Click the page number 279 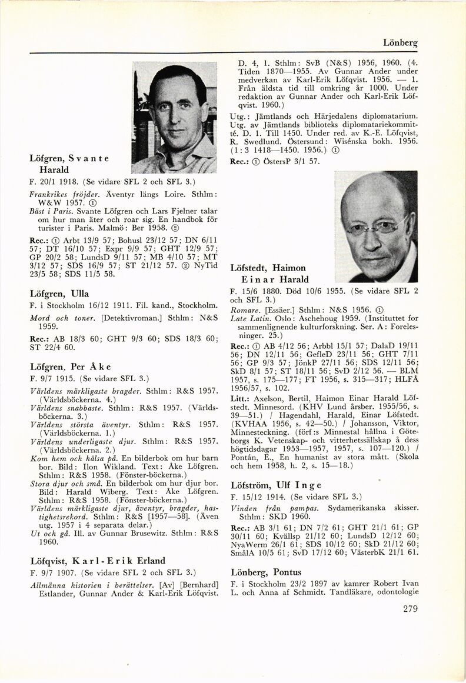pos(407,608)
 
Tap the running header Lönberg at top pos(400,43)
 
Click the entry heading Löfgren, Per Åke pos(66,366)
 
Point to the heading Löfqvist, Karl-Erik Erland pos(97,560)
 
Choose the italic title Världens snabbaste pos(68,407)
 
